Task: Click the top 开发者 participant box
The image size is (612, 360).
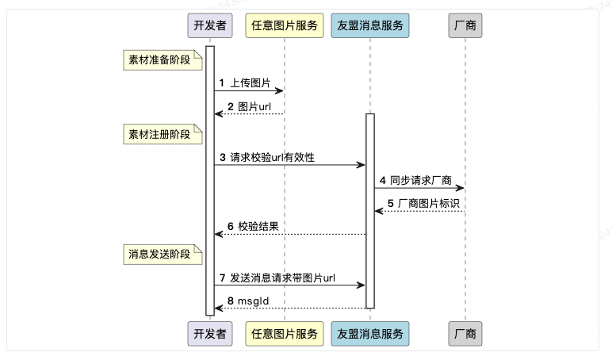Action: point(210,25)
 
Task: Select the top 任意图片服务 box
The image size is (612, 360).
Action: point(285,25)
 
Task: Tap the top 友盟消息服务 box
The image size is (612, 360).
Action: point(370,25)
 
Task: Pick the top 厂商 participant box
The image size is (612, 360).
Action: point(465,25)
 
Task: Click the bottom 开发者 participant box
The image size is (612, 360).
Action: point(210,334)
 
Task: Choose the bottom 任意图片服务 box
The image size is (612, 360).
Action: point(285,334)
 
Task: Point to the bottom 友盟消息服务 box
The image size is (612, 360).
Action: point(370,334)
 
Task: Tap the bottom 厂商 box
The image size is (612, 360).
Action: point(465,334)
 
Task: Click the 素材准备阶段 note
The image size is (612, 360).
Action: point(163,60)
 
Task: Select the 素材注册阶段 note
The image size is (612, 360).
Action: point(163,134)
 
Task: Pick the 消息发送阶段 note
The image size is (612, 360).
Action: point(163,255)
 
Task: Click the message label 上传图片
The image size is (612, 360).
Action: point(251,82)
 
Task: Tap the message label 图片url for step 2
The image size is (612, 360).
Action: point(254,106)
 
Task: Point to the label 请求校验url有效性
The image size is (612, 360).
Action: point(272,157)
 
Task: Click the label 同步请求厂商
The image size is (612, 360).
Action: point(421,180)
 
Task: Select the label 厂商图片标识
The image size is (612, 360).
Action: point(429,204)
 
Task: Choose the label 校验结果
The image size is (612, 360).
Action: point(258,227)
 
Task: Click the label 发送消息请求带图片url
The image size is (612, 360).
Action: point(282,278)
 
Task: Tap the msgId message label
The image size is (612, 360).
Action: point(254,301)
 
